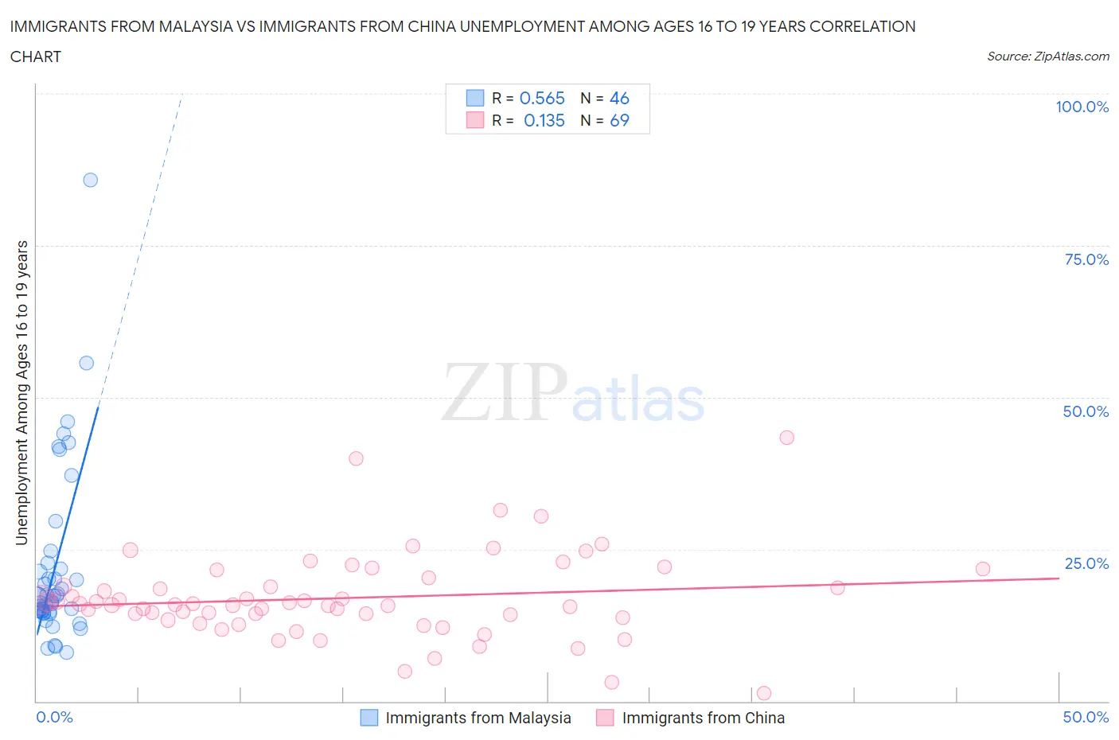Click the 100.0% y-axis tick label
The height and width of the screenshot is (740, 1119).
(x=1082, y=107)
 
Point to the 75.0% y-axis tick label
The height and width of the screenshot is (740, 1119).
(x=1086, y=259)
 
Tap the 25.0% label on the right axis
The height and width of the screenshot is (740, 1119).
(x=1086, y=563)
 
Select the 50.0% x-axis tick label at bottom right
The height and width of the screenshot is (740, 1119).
(x=1086, y=717)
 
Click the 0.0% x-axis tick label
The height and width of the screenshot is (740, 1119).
(x=54, y=717)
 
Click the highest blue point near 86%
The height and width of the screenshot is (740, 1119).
(x=91, y=180)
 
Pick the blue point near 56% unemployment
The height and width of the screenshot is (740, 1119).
(x=87, y=363)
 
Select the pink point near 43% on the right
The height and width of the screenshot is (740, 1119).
(x=787, y=437)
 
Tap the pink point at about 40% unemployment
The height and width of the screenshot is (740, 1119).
(x=356, y=458)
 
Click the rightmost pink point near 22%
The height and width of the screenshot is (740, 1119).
(x=983, y=569)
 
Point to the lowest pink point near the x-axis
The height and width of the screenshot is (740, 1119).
(x=764, y=693)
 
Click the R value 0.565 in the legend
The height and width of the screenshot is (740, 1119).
(x=542, y=98)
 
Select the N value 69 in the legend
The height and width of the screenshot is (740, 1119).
(x=619, y=120)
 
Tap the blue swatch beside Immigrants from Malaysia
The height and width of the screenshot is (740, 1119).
(x=369, y=718)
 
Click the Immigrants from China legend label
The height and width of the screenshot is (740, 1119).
(x=703, y=718)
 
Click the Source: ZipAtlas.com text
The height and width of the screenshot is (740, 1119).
(x=1047, y=56)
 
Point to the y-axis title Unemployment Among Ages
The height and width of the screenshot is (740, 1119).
(x=21, y=392)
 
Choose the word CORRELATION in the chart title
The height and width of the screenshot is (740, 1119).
(x=862, y=26)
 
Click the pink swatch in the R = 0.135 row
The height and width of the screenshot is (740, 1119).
(x=475, y=120)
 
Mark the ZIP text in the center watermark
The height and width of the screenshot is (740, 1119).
(x=504, y=394)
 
